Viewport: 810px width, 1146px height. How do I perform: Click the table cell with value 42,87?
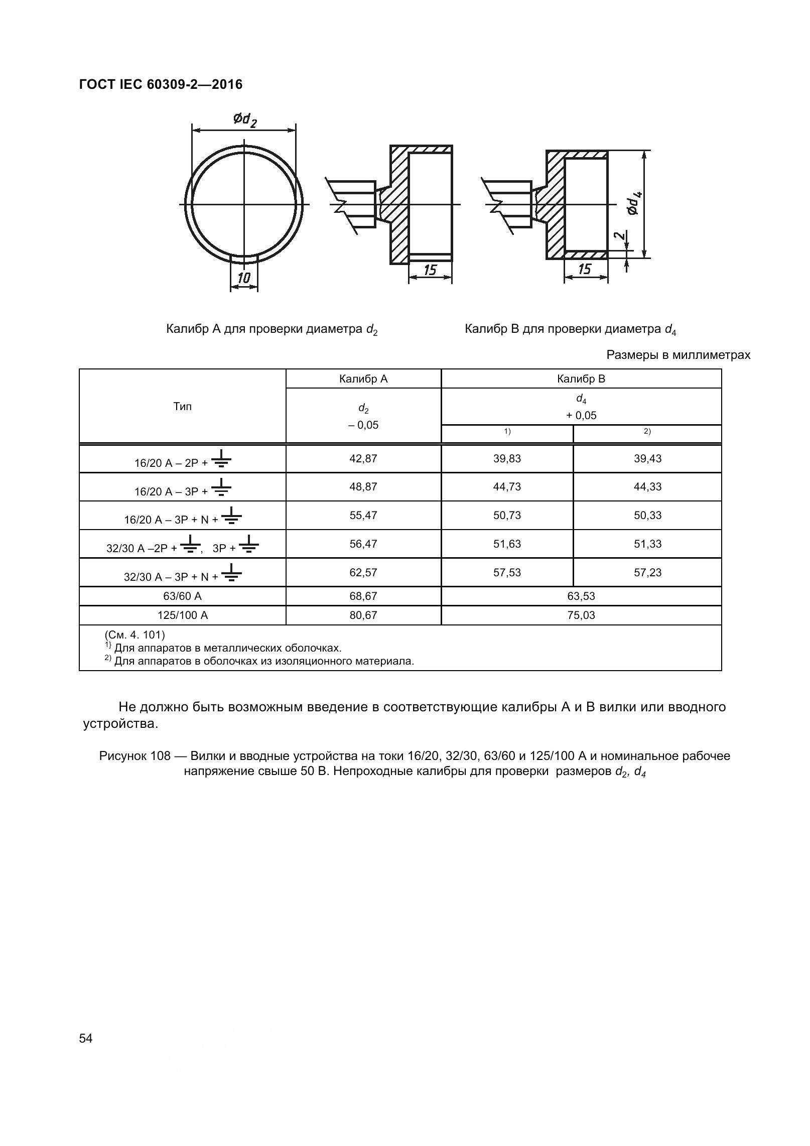(363, 458)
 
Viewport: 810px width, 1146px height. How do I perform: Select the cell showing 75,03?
(581, 615)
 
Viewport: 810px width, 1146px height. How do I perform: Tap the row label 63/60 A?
(182, 596)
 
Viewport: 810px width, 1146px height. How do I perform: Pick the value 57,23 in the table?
(647, 573)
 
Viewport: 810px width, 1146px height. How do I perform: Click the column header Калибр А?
(363, 379)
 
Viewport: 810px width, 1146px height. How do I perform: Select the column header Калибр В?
(581, 379)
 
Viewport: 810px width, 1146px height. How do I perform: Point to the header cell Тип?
(182, 407)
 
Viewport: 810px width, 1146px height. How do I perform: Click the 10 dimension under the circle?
(244, 278)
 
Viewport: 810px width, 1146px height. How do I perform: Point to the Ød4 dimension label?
(633, 203)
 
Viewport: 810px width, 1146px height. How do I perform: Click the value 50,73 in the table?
(507, 516)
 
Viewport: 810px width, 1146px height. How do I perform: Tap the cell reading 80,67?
(363, 615)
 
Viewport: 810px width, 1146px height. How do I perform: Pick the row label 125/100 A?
(182, 615)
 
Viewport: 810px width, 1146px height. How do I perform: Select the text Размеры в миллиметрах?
(678, 355)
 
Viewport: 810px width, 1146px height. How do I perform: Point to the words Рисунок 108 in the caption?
(135, 756)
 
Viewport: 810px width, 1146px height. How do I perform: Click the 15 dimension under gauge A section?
(430, 271)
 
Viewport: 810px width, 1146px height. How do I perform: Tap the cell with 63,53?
(581, 596)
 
